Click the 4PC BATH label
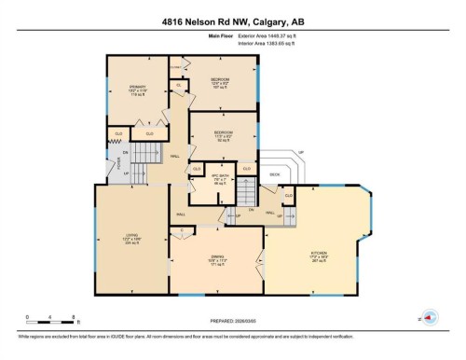point(220,178)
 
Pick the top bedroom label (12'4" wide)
point(221,82)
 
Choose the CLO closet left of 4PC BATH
point(197,169)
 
